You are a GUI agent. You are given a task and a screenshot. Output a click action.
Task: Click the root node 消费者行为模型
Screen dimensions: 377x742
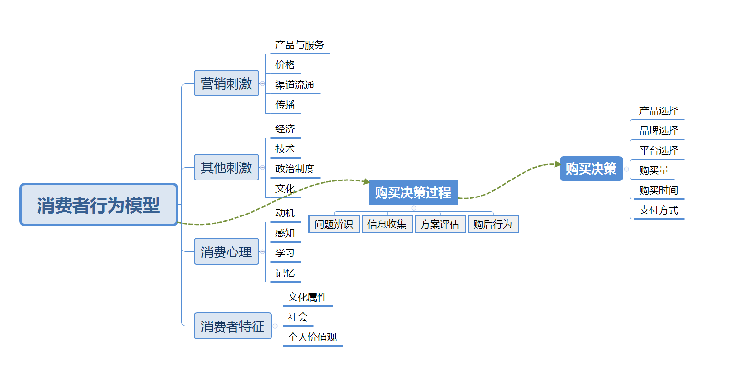click(x=98, y=205)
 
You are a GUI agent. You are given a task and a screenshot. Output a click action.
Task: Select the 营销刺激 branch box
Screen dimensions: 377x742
click(x=226, y=83)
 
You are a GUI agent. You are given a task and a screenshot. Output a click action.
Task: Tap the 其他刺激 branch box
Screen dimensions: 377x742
click(x=226, y=167)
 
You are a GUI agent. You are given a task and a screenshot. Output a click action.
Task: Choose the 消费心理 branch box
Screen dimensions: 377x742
click(x=226, y=251)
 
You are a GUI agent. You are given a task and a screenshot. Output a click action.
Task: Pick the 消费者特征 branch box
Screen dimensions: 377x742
click(x=233, y=326)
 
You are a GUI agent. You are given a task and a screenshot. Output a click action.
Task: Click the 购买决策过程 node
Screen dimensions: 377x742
click(x=413, y=193)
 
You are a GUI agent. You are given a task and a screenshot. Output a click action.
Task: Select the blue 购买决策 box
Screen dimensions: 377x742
click(x=591, y=169)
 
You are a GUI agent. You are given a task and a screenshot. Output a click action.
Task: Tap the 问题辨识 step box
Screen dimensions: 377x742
click(x=334, y=224)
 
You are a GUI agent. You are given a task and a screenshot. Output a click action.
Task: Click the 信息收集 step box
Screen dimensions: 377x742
click(x=387, y=224)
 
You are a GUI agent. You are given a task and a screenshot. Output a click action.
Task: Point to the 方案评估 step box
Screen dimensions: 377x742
click(x=440, y=224)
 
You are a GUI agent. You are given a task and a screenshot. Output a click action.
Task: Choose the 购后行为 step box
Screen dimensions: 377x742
click(x=493, y=224)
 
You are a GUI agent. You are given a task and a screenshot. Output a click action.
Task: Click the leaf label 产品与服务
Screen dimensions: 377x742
click(x=299, y=45)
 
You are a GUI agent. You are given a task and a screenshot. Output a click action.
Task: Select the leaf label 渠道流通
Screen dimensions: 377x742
click(x=294, y=85)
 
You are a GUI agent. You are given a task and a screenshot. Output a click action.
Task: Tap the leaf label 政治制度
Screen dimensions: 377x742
click(x=294, y=169)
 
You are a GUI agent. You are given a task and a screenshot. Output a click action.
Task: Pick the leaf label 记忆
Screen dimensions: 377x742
click(x=285, y=273)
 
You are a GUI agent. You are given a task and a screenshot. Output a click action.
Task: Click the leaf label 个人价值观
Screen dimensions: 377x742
click(x=312, y=337)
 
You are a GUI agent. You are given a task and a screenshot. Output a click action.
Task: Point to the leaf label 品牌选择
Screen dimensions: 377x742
click(x=658, y=130)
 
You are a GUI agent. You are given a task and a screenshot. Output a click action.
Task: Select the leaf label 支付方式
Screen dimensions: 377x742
click(x=658, y=210)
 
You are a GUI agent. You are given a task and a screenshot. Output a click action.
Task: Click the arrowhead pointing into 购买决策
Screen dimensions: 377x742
click(x=558, y=164)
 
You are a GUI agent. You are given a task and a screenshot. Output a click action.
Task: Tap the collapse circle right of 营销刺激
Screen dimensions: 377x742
click(x=263, y=84)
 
